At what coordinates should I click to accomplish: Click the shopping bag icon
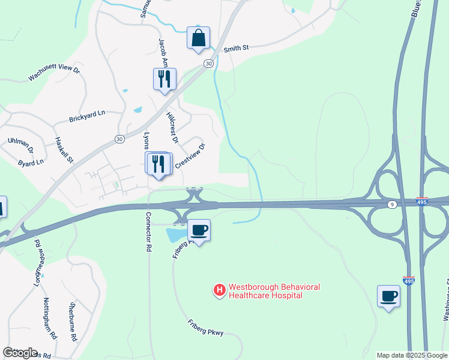(198, 38)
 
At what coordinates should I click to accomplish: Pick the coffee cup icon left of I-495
(388, 296)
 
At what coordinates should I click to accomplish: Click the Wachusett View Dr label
(54, 74)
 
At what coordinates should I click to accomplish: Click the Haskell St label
(64, 151)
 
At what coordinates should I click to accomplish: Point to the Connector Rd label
(148, 232)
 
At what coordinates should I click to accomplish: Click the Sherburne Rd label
(73, 321)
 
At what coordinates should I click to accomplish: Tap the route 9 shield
(391, 205)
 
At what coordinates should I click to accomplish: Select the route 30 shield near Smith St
(208, 64)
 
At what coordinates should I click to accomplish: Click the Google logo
(20, 353)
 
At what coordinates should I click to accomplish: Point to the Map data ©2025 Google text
(412, 355)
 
